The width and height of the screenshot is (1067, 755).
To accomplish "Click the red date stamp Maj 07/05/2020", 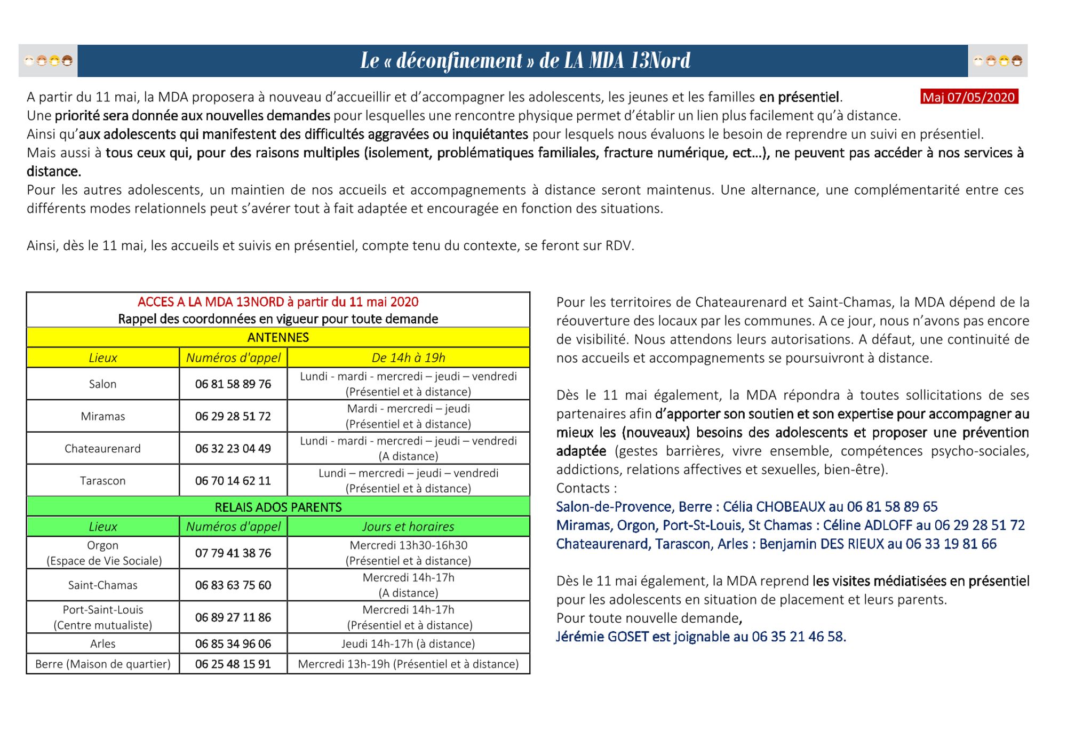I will point(969,97).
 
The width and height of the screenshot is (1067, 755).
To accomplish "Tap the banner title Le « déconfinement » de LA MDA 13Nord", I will point(525,60).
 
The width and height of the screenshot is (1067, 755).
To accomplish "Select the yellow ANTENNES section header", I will point(278,337).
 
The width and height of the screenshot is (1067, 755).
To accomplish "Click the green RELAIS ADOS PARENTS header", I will point(278,507).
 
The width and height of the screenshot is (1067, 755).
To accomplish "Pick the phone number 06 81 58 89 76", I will point(233,384).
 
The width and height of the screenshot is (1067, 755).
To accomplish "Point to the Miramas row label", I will point(102,416).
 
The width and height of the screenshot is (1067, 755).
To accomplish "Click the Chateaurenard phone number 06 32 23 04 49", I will point(233,449).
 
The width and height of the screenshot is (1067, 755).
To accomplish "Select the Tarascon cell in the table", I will point(102,481).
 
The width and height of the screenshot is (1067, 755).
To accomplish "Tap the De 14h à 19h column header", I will point(408,357).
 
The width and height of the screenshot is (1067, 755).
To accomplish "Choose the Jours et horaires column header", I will point(408,527).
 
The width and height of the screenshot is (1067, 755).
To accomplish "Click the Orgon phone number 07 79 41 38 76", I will point(233,553).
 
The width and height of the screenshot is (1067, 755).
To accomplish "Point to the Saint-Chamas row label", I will point(102,585).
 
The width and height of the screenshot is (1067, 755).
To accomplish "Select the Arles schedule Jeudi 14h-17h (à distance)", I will point(408,644).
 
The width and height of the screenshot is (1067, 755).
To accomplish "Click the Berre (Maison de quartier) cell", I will point(102,664).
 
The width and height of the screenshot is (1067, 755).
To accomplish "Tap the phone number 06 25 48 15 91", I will point(233,664).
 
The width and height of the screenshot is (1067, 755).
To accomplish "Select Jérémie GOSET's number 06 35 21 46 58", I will point(798,637).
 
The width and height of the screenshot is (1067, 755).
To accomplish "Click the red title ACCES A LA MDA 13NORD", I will point(277,302).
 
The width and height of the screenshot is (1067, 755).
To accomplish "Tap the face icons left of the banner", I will point(48,61).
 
